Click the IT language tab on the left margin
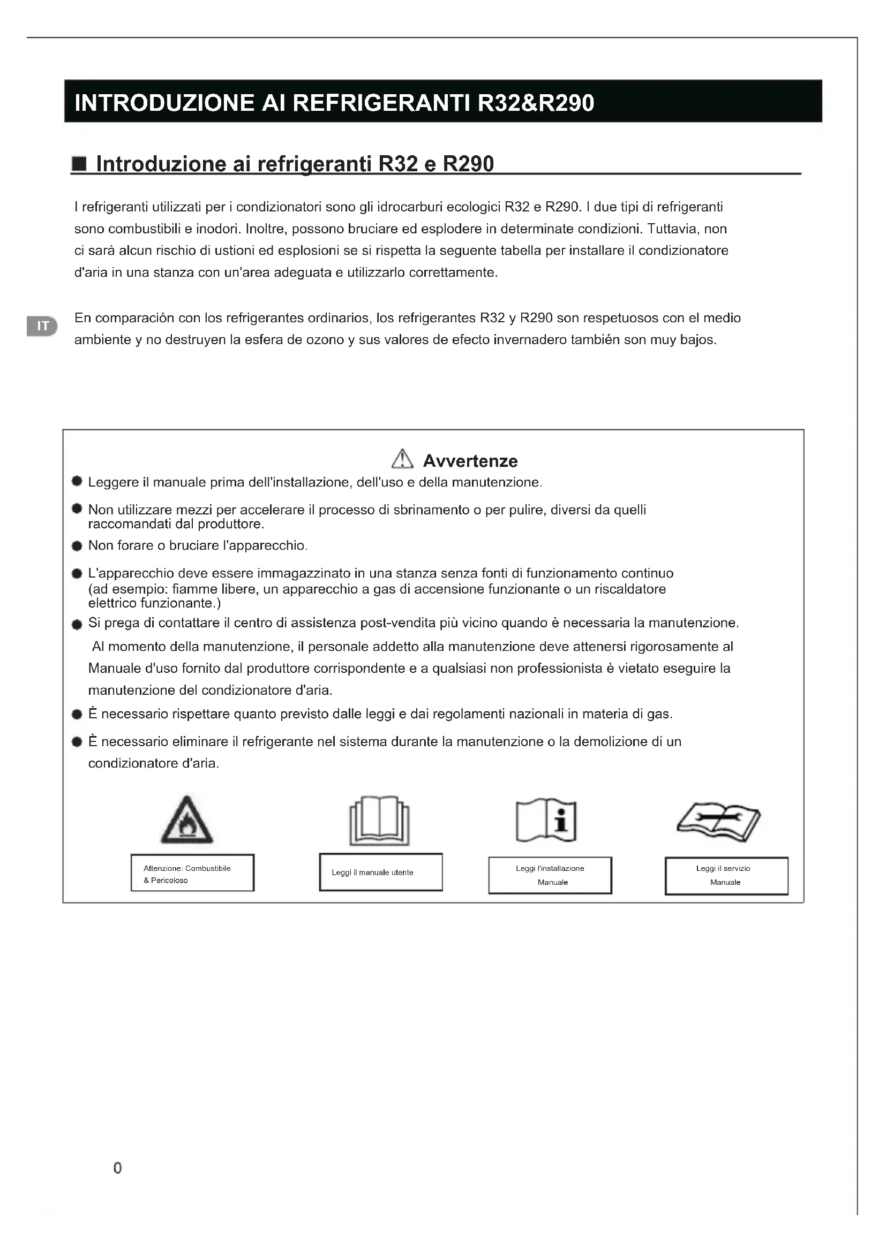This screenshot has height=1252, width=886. (x=42, y=326)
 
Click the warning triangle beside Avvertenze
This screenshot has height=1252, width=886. (x=402, y=459)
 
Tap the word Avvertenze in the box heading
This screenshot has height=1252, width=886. (x=470, y=461)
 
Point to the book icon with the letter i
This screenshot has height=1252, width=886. (x=546, y=821)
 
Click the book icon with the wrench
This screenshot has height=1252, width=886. (x=718, y=821)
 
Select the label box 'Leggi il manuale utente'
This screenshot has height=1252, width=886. (x=381, y=872)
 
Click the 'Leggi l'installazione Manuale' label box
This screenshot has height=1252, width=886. (x=550, y=875)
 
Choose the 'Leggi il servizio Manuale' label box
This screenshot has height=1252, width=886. (x=726, y=876)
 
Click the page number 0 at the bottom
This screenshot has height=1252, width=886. (x=117, y=1168)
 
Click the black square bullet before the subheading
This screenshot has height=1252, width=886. (x=80, y=164)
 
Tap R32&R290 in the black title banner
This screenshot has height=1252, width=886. (x=536, y=103)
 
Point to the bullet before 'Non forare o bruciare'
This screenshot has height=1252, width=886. (x=77, y=546)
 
